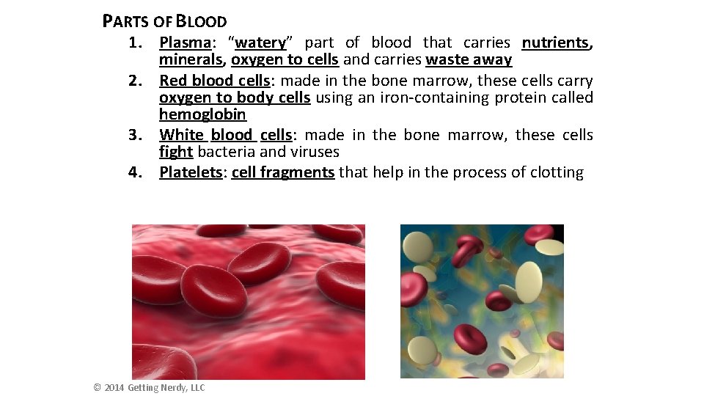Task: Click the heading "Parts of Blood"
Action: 165,21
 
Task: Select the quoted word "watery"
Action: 260,43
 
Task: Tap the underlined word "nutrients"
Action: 555,43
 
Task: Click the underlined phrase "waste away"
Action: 469,60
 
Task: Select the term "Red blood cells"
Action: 214,80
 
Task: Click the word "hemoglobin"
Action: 202,114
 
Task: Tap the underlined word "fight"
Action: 176,152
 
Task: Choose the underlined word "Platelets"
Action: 191,172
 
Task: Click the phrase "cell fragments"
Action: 283,172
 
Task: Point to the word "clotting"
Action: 555,172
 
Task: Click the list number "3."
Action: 135,135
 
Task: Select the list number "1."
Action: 135,43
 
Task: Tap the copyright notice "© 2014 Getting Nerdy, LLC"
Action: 150,387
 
